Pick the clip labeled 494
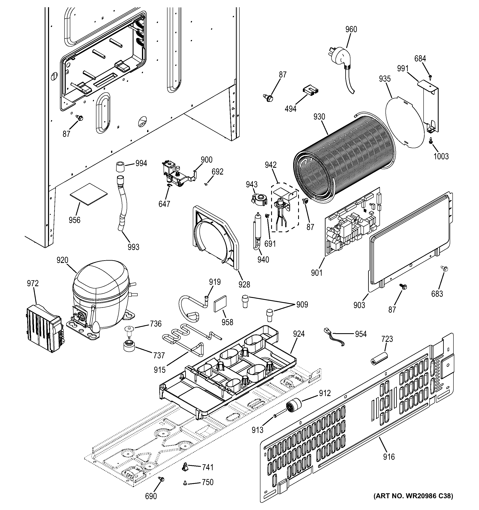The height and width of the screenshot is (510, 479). point(310,90)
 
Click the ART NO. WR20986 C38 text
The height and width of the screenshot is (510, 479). point(413,503)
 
